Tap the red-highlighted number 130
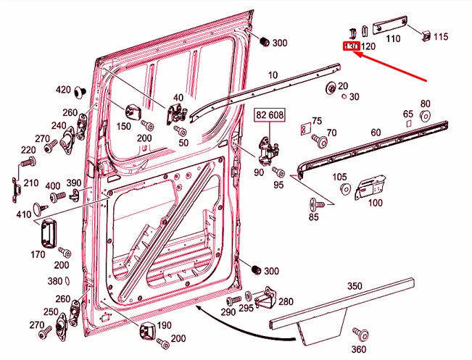click(x=351, y=46)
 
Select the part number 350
click(x=355, y=286)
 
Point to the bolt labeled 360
click(x=358, y=333)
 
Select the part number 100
click(x=375, y=203)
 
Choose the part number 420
click(x=63, y=90)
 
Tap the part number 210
click(x=30, y=183)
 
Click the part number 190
click(x=165, y=325)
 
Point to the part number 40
click(x=178, y=98)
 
